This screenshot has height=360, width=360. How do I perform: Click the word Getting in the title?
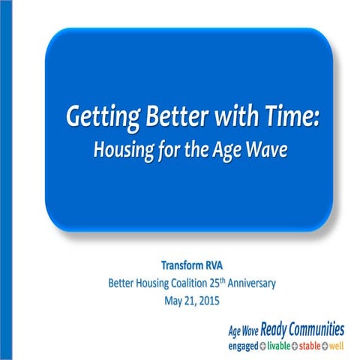click(96, 118)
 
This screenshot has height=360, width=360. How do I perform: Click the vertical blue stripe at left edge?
click(3, 180)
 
